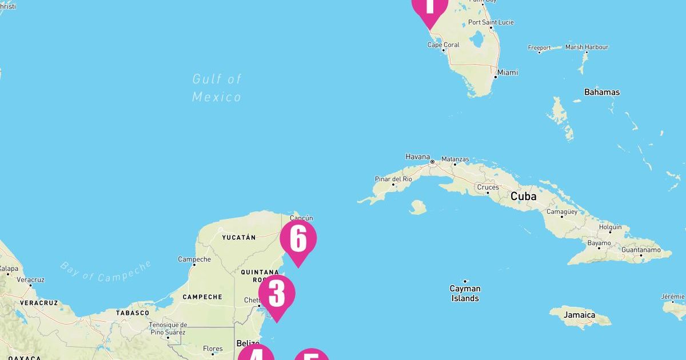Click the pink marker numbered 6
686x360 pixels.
pyautogui.click(x=298, y=239)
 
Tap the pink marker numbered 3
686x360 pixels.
pyautogui.click(x=277, y=293)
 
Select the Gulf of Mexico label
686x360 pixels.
pyautogui.click(x=217, y=87)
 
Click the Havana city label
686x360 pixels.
pyautogui.click(x=417, y=157)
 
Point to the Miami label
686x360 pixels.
pyautogui.click(x=508, y=73)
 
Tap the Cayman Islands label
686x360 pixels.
pyautogui.click(x=465, y=293)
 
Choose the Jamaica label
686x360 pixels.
pyautogui.click(x=579, y=315)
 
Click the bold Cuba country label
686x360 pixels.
pyautogui.click(x=523, y=196)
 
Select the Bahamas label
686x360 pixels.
pyautogui.click(x=602, y=92)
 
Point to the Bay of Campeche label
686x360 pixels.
pyautogui.click(x=106, y=271)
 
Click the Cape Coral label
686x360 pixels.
pyautogui.click(x=444, y=45)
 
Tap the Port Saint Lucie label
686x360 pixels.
pyautogui.click(x=491, y=22)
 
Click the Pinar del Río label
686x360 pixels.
pyautogui.click(x=393, y=179)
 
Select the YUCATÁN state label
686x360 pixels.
pyautogui.click(x=238, y=237)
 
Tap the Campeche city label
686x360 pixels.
pyautogui.click(x=194, y=259)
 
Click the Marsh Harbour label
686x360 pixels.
pyautogui.click(x=587, y=47)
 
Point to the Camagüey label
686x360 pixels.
pyautogui.click(x=561, y=211)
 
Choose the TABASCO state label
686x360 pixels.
pyautogui.click(x=133, y=313)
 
